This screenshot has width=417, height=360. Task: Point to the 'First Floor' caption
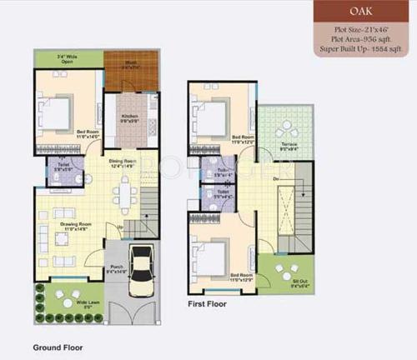(x=208, y=303)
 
